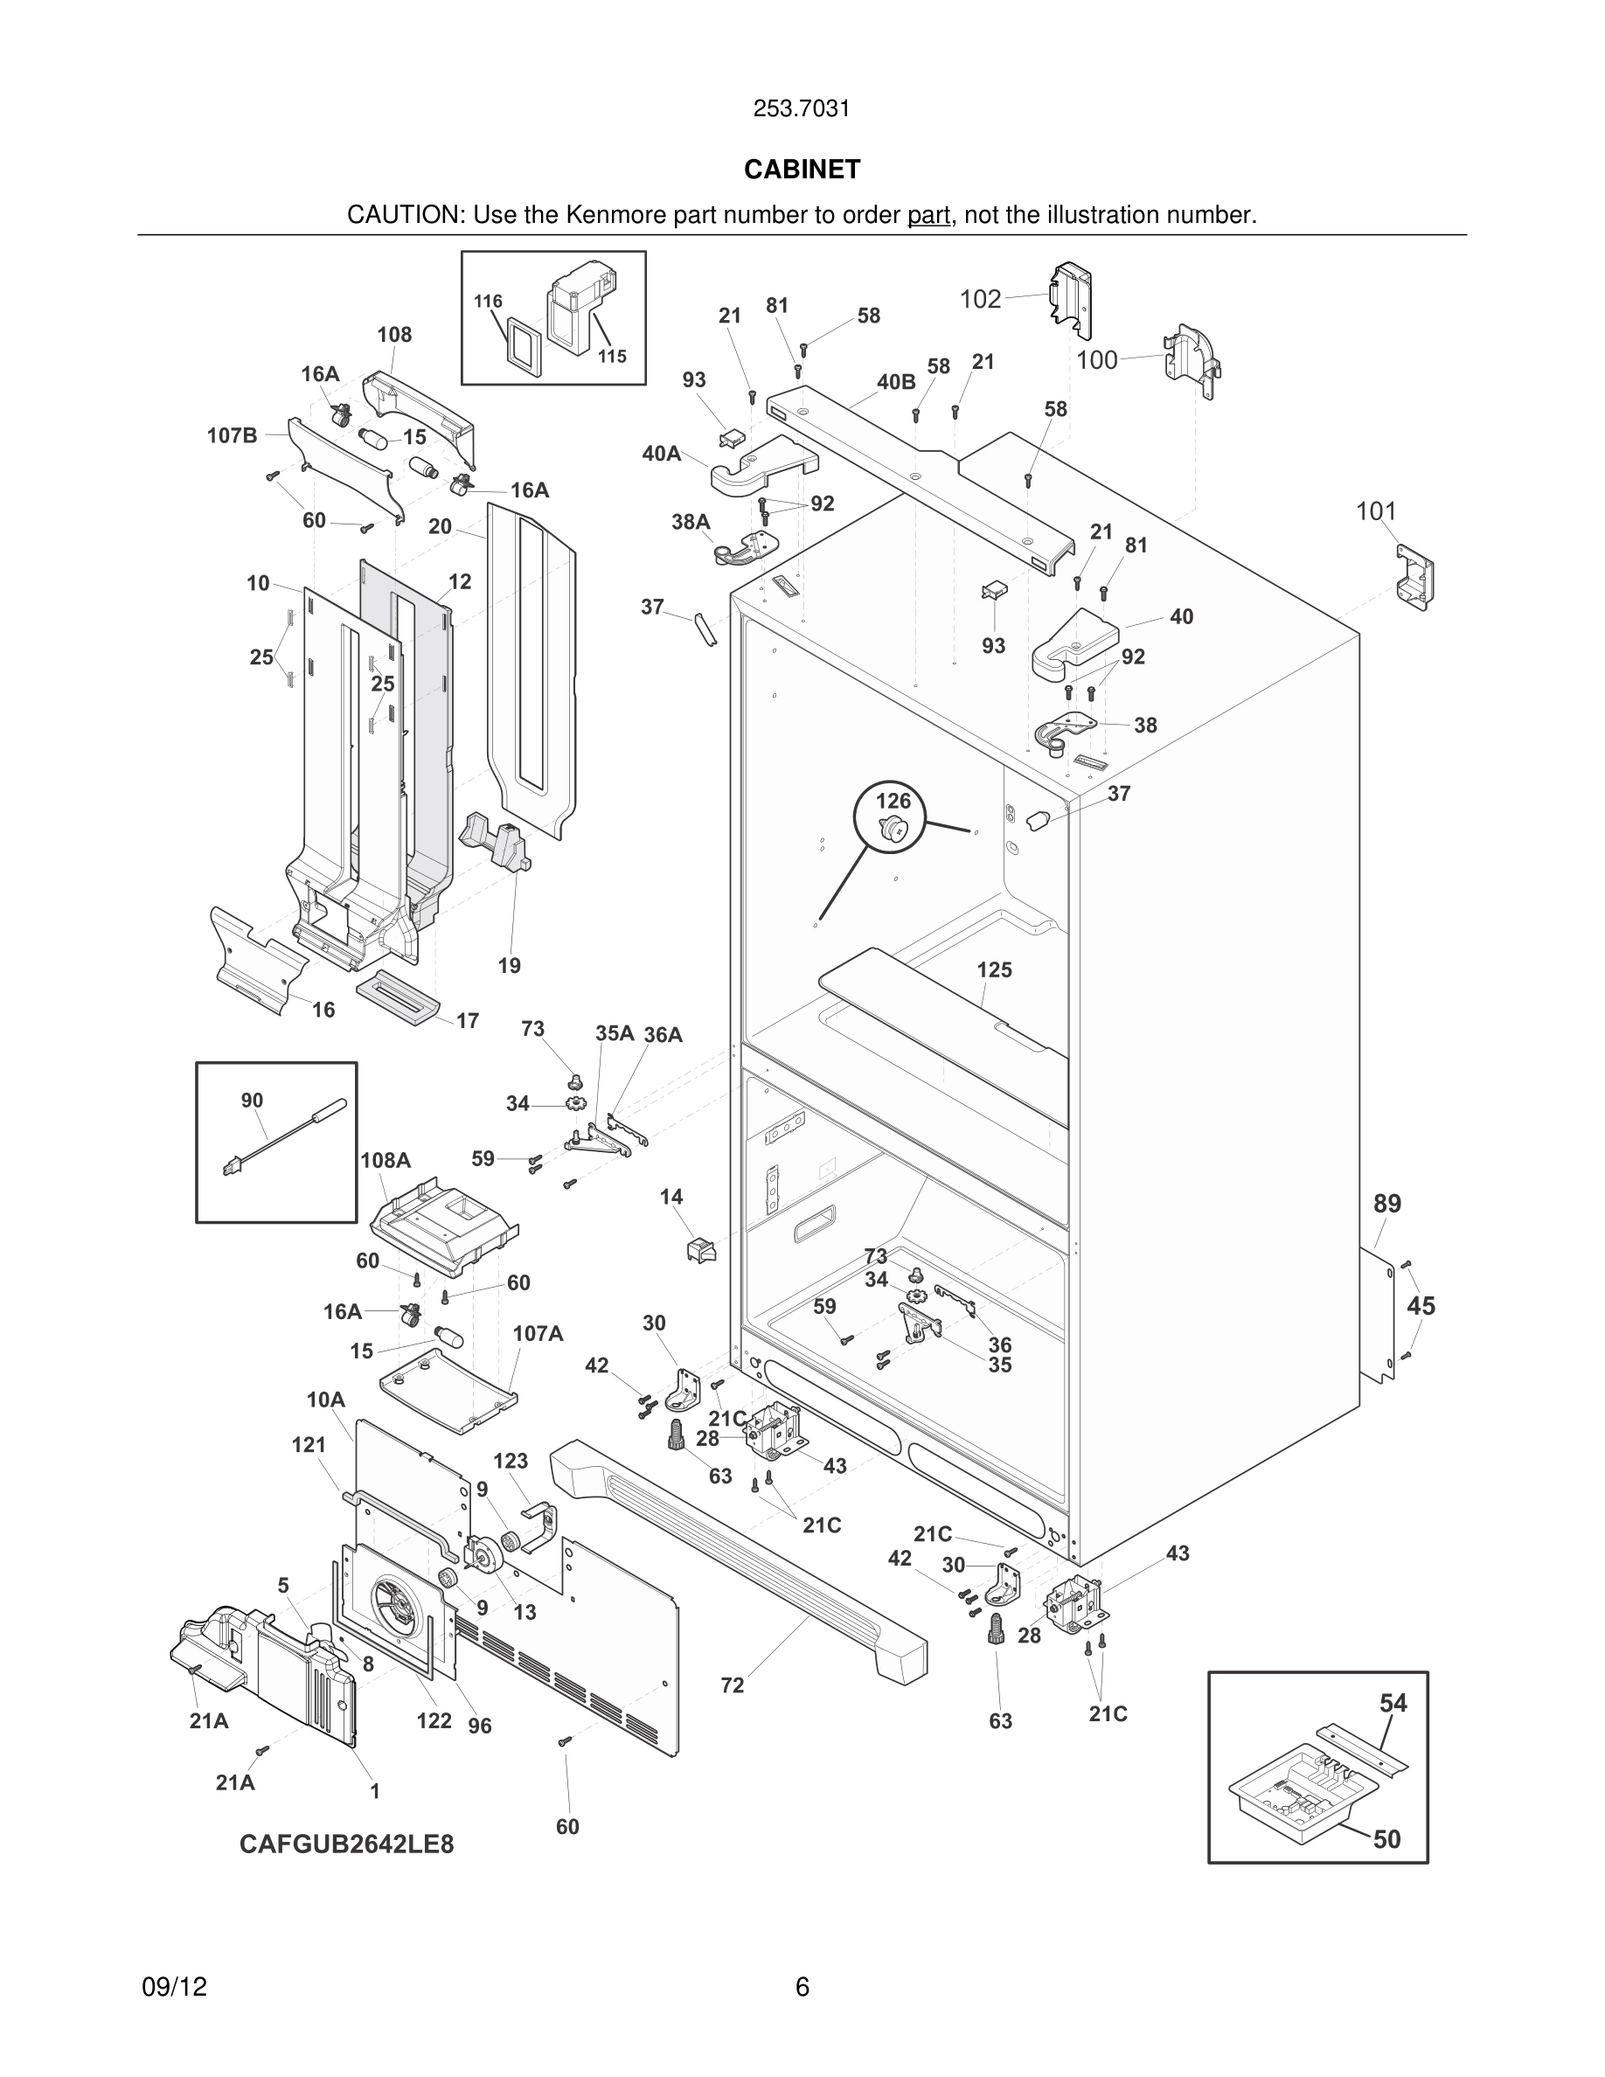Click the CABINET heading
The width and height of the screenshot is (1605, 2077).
tap(802, 170)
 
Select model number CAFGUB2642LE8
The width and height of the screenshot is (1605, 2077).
tap(346, 1844)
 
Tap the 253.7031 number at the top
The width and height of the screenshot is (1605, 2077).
tap(802, 109)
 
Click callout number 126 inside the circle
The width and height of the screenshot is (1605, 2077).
tap(893, 801)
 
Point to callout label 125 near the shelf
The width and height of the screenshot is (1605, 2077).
tap(994, 970)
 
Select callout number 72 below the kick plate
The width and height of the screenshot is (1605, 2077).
tap(733, 1686)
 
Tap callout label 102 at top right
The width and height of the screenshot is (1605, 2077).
tap(980, 300)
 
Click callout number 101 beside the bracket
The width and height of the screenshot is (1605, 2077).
tap(1376, 511)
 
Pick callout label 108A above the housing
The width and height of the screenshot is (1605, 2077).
tap(386, 1160)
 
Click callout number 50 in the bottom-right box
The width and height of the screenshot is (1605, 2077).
tap(1386, 1839)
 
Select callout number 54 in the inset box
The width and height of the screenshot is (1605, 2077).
tap(1393, 1703)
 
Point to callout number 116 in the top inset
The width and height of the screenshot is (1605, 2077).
tap(488, 302)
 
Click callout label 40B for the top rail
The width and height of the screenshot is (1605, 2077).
tap(896, 382)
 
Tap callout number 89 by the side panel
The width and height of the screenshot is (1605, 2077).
tap(1387, 1204)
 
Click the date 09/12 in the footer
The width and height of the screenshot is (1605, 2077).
tap(174, 1987)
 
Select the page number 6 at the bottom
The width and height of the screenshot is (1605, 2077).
tap(802, 1987)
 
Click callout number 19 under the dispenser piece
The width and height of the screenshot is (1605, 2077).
tap(510, 966)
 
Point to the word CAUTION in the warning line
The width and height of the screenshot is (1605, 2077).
tap(403, 216)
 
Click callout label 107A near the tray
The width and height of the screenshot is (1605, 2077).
tap(538, 1334)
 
